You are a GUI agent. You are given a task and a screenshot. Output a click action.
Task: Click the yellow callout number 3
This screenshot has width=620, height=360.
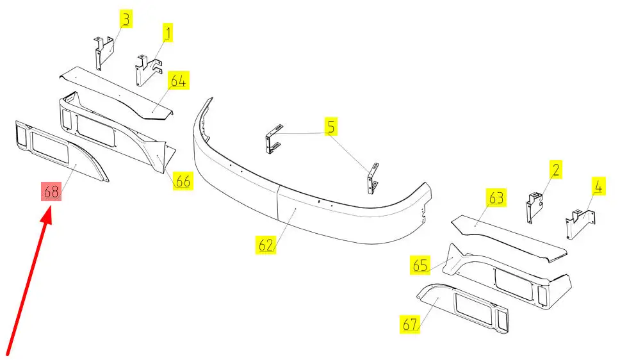click(x=126, y=20)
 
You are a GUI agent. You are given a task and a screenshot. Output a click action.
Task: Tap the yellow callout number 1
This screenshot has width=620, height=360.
click(x=168, y=32)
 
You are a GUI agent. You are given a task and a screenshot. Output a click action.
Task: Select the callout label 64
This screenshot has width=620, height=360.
click(x=178, y=81)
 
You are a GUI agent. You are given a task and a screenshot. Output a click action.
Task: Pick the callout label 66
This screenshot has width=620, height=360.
click(x=183, y=181)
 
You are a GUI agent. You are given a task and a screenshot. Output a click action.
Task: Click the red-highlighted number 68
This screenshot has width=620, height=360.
click(x=51, y=191)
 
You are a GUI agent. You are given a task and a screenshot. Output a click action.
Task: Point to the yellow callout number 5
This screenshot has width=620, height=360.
click(x=330, y=127)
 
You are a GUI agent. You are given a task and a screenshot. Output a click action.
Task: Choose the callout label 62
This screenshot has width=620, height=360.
click(x=266, y=245)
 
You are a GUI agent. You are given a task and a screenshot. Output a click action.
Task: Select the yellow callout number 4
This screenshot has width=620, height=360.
click(x=598, y=187)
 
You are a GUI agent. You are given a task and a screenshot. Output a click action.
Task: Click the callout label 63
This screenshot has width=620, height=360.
click(x=497, y=198)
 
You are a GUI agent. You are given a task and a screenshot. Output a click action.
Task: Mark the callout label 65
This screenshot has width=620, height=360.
click(x=420, y=265)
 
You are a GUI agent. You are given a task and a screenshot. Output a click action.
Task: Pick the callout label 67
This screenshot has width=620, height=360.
click(x=410, y=325)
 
